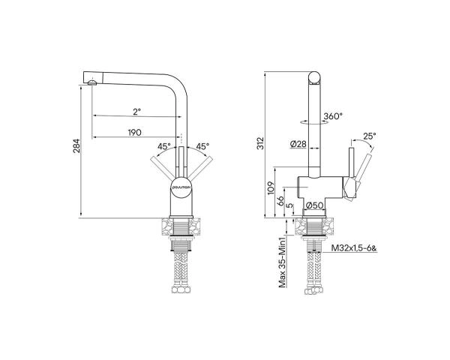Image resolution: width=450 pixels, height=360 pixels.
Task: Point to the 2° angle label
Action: click(136, 112)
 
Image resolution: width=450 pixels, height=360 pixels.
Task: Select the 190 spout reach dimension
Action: click(135, 133)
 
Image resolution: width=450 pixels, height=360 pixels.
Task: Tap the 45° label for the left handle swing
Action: click(164, 146)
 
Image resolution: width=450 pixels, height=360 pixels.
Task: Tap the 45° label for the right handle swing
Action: click(202, 146)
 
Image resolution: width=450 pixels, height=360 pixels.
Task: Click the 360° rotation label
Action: click(333, 116)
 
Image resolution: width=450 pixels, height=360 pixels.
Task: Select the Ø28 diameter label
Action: click(296, 145)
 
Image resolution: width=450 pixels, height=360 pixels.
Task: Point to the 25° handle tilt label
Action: click(368, 136)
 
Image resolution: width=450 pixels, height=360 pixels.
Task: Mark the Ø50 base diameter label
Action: click(314, 205)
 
